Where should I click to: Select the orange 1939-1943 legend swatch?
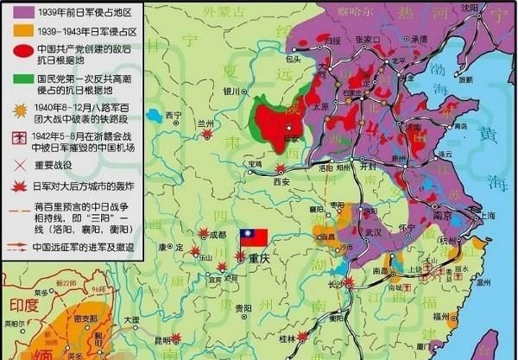click(16, 30)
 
